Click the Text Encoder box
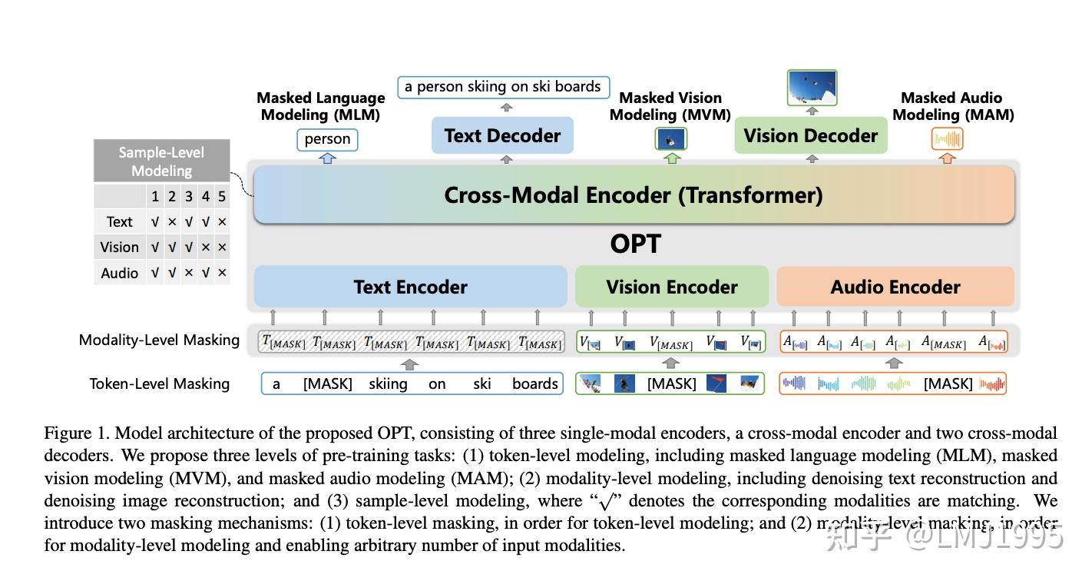410,287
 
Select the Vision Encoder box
671,287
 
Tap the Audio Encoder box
895,287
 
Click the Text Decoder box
502,136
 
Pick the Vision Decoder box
810,136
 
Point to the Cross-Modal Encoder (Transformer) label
633,195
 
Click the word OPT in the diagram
635,244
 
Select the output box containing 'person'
327,139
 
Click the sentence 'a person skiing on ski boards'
503,87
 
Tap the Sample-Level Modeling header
161,161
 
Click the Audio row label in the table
120,273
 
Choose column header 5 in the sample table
222,197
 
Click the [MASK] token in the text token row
328,383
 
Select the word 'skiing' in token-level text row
388,383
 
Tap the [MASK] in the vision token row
672,383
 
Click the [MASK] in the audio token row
948,383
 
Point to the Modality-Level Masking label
159,340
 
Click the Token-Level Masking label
159,383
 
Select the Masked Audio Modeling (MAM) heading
952,106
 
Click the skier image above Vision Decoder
812,88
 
